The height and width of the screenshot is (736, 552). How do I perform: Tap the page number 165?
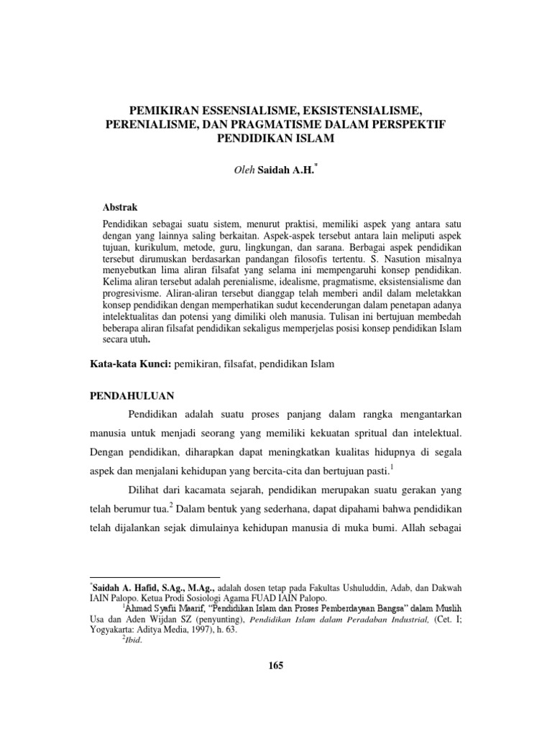[x=275, y=666]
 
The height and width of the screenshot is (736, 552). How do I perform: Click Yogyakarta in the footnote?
[x=112, y=628]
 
